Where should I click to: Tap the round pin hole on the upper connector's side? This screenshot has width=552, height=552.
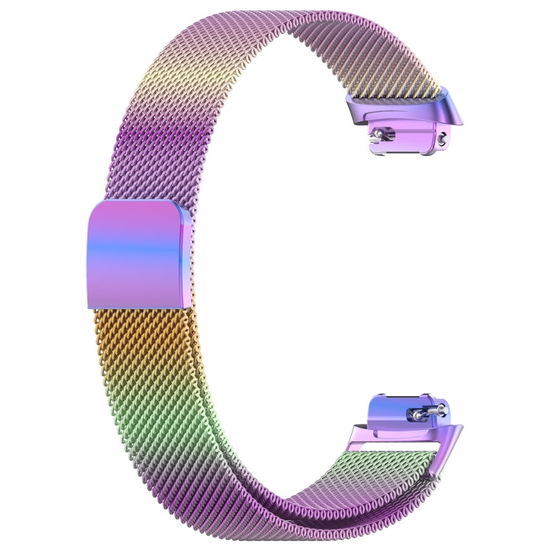click(x=442, y=136)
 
